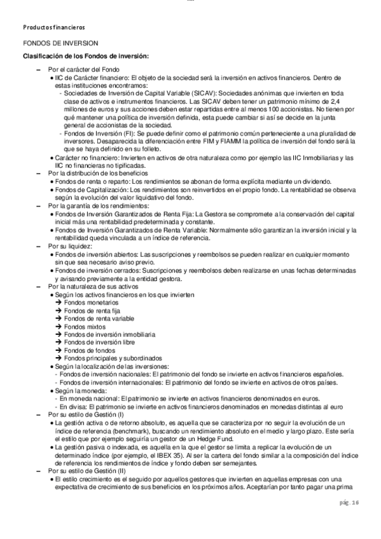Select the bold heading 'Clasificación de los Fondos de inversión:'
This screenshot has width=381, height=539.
point(86,56)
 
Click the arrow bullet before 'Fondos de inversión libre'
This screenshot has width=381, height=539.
point(59,341)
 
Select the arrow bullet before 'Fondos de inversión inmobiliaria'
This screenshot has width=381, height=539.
point(59,334)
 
